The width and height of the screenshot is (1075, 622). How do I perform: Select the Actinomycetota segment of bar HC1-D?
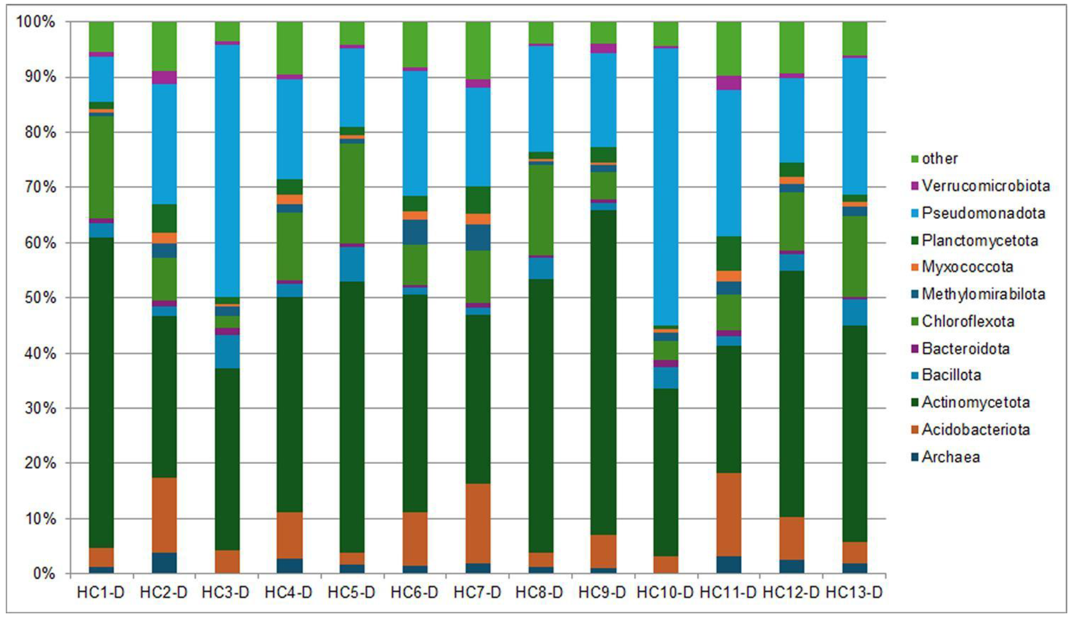point(101,393)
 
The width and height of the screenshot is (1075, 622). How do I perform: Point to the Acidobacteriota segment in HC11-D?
point(729,514)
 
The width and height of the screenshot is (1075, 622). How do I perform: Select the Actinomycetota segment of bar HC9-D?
point(603,372)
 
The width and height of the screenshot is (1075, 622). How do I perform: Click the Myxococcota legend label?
point(967,267)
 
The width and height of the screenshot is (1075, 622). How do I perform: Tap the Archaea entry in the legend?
point(950,457)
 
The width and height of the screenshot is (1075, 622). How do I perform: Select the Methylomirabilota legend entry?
point(983,294)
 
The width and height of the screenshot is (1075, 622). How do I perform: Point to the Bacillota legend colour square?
point(914,376)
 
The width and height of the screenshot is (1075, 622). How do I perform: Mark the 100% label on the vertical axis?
point(36,21)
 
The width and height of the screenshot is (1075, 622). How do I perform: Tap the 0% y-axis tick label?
point(44,573)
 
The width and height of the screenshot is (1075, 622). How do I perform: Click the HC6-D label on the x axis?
point(414,593)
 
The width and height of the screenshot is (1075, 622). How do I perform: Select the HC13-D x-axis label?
point(854,593)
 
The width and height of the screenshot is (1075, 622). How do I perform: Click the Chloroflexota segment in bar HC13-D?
point(854,256)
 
